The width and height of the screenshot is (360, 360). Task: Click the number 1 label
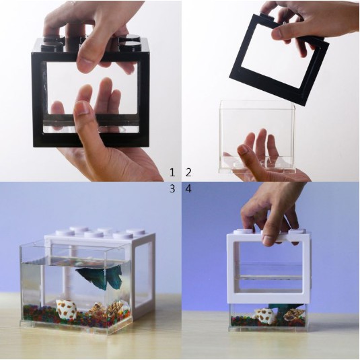(172, 173)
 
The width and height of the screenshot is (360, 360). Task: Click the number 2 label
(188, 173)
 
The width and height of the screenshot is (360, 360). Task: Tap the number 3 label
(172, 189)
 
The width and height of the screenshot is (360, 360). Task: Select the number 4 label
(188, 189)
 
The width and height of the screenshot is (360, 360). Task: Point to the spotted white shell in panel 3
(67, 310)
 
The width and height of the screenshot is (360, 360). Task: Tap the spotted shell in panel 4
(265, 316)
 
